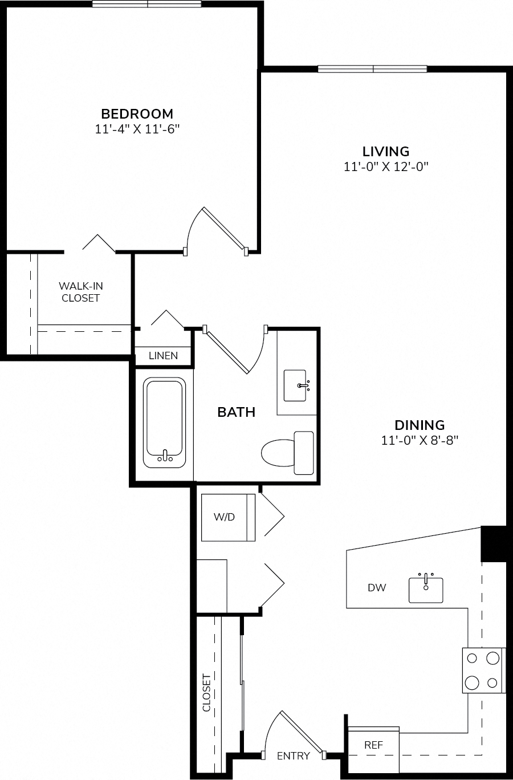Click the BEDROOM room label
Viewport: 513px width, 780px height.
137,114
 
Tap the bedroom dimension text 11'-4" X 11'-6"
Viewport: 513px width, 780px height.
137,129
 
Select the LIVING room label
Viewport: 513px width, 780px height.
386,152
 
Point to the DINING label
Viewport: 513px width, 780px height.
420,425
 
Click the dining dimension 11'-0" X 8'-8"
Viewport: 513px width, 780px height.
420,441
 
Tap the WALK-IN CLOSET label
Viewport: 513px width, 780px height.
81,292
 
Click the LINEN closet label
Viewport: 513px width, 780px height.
163,356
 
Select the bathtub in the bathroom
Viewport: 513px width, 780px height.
165,422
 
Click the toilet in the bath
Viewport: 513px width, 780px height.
287,453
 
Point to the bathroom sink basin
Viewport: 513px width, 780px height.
295,385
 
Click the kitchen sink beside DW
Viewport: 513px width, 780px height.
426,590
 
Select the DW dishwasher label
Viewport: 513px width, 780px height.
377,588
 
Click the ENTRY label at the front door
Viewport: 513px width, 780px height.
294,756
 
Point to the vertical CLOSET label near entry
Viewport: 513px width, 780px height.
206,693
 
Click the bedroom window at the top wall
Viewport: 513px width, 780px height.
147,4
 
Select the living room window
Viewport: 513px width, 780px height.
372,69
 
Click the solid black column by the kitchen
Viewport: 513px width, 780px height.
494,544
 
